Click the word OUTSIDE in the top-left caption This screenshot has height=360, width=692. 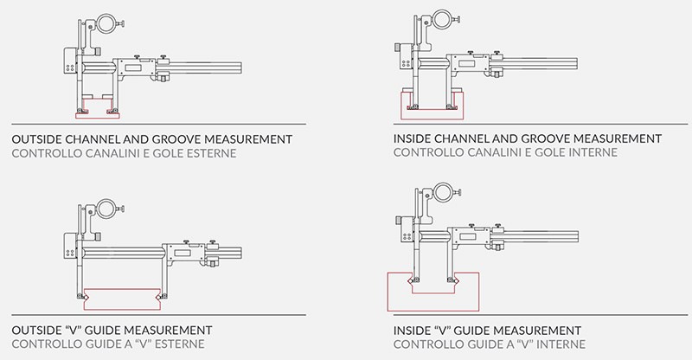[36, 139]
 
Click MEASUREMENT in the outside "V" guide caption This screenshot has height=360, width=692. [168, 331]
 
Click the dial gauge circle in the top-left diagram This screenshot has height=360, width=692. [106, 24]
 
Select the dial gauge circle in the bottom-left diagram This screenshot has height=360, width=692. [106, 209]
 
